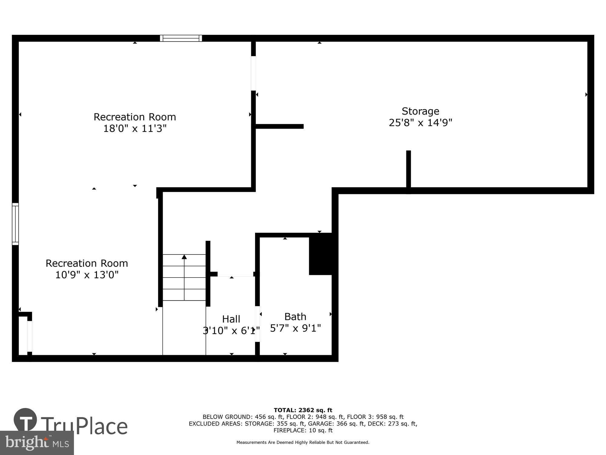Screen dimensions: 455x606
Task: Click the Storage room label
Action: coord(420,111)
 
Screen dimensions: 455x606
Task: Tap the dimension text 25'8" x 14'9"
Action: coord(420,123)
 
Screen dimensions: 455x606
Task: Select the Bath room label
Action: coord(295,317)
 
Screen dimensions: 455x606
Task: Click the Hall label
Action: coord(231,319)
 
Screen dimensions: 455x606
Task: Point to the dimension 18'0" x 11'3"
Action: coord(135,129)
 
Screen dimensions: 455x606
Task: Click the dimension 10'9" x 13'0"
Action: coord(87,275)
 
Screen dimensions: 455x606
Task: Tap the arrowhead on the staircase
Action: coord(184,257)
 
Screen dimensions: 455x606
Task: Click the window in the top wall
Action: coord(181,38)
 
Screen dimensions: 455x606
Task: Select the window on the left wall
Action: coord(15,224)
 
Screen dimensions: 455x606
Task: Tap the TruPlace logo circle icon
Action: coord(25,420)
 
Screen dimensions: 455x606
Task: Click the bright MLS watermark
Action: coord(37,443)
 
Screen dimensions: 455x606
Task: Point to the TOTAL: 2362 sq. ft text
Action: coord(303,410)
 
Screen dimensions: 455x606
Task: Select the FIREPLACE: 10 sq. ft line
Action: coord(303,430)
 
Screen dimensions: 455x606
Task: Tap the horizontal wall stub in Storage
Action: coord(279,126)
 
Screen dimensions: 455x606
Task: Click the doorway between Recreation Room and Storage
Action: coord(253,73)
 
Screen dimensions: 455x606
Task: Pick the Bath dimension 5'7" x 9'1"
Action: coord(295,328)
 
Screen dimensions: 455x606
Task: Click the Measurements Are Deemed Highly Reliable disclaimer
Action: coord(303,443)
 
